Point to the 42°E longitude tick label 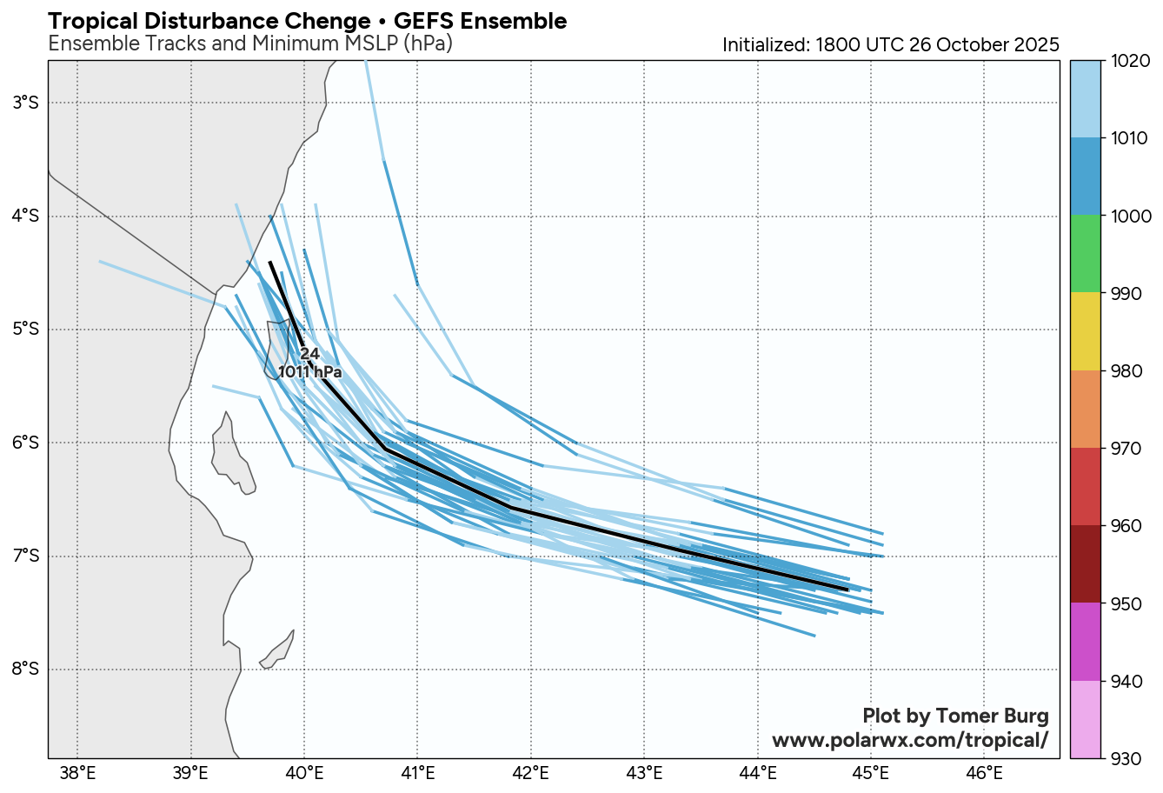tap(531, 772)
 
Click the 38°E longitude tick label tap(77, 772)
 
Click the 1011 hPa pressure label tap(309, 372)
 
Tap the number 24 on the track tap(310, 354)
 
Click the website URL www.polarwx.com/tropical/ tap(910, 740)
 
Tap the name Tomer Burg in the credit tap(993, 716)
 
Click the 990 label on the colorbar tap(1128, 294)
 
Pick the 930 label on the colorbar tap(1128, 758)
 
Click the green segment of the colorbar tap(1085, 254)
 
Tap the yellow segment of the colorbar tap(1085, 331)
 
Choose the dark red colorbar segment tap(1085, 564)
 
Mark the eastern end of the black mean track tap(847, 590)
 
